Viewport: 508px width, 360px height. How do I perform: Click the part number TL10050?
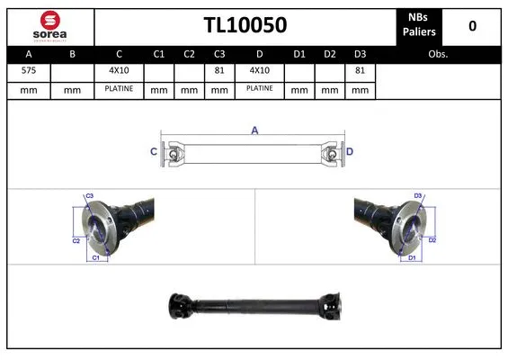(245, 25)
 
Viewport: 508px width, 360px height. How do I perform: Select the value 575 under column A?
(29, 70)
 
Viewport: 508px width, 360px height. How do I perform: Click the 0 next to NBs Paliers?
(472, 26)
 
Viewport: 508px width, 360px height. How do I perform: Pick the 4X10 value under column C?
(119, 70)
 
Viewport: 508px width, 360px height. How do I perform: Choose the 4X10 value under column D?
(260, 70)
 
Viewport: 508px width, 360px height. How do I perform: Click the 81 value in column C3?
(219, 70)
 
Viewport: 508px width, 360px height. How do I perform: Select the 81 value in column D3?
(360, 70)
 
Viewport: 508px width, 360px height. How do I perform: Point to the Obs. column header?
(438, 54)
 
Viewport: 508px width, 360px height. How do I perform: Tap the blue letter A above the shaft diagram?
(254, 131)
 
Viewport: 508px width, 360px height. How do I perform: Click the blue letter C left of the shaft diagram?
(154, 151)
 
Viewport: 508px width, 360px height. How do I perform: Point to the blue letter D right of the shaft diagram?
(350, 151)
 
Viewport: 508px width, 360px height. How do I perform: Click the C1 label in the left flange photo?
(96, 258)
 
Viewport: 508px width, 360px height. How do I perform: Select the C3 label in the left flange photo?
(89, 195)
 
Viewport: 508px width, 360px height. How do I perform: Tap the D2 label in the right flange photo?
(432, 240)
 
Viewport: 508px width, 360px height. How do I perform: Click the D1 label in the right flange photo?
(411, 258)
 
